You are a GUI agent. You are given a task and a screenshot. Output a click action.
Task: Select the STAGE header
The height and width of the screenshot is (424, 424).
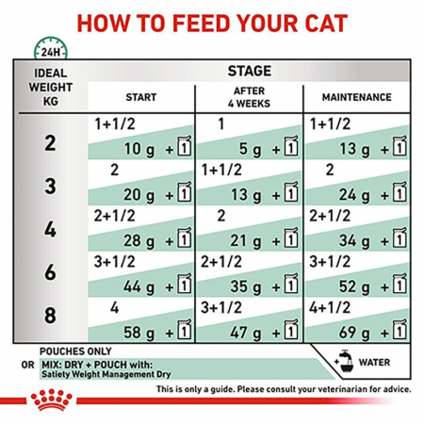(250, 72)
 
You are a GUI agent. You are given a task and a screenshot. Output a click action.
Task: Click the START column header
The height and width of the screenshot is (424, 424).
(141, 97)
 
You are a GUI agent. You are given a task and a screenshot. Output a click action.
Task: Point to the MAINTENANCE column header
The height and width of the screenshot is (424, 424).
(357, 97)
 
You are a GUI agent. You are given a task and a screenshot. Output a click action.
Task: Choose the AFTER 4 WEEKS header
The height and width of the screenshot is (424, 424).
(249, 97)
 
